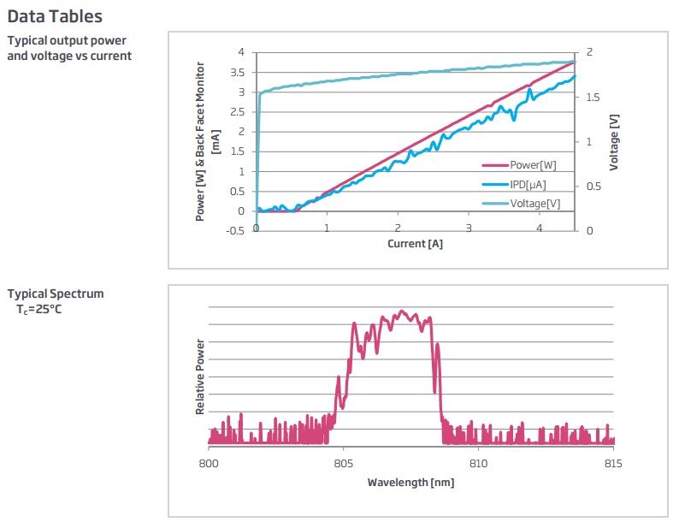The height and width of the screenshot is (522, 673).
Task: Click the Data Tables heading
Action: click(55, 15)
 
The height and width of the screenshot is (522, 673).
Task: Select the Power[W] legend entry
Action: click(534, 166)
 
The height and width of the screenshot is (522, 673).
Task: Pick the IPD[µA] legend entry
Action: click(528, 185)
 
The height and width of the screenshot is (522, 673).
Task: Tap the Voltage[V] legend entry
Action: click(535, 204)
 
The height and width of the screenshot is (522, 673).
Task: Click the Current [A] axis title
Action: click(416, 244)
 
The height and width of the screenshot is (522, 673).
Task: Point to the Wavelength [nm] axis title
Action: click(410, 483)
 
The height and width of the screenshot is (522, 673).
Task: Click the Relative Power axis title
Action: click(200, 377)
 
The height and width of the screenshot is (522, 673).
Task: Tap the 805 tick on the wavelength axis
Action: click(343, 463)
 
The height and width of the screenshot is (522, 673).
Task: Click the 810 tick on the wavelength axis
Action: click(479, 463)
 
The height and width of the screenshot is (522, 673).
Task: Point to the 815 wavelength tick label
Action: click(614, 463)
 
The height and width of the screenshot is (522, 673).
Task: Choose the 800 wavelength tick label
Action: click(208, 463)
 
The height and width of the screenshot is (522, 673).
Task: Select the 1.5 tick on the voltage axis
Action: click(593, 97)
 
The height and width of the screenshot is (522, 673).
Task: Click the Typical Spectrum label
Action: click(56, 294)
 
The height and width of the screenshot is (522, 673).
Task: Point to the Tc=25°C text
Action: click(38, 308)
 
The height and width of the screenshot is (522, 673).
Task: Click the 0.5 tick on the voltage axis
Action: click(593, 187)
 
